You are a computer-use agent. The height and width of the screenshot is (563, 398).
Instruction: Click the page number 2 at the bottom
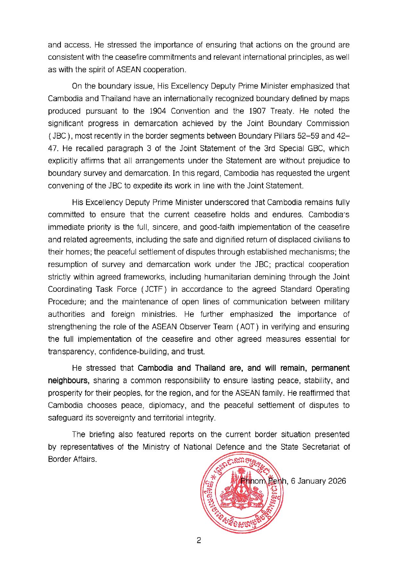pos(199,541)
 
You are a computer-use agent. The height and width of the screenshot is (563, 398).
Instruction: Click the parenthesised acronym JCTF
pos(155,289)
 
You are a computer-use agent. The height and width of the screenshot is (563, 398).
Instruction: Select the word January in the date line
pos(310,481)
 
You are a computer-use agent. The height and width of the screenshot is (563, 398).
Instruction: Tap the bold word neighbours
pos(68,380)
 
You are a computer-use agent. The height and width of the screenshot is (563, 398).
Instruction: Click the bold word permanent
pos(330,368)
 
